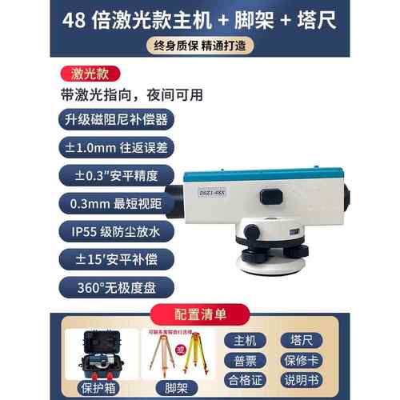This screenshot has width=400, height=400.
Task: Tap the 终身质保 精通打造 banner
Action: click(x=199, y=46)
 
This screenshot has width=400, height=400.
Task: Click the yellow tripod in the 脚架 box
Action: click(x=191, y=354)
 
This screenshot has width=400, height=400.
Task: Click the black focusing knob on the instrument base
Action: click(x=252, y=232)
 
